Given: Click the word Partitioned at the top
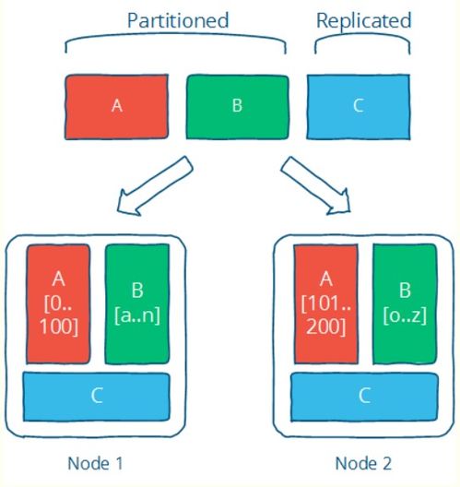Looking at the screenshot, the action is [x=178, y=20].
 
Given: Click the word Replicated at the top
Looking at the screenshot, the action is [x=364, y=21].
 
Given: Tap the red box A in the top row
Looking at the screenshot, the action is [x=116, y=107].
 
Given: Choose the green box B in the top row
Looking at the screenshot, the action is [x=238, y=107].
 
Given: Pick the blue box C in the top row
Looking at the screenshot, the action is [x=359, y=107].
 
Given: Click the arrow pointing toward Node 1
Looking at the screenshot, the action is [x=155, y=185].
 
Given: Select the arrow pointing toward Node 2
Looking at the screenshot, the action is [x=315, y=185].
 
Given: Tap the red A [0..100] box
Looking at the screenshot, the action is [x=58, y=304].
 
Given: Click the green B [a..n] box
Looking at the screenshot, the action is [x=137, y=304].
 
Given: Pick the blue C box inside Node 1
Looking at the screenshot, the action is [x=97, y=397].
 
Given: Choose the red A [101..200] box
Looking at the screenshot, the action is [x=326, y=304].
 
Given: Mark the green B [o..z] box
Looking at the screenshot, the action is [x=405, y=304].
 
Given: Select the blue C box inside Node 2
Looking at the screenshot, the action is [x=364, y=397].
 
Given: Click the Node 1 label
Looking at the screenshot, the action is [x=95, y=463].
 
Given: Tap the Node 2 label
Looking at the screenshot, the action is [x=363, y=463].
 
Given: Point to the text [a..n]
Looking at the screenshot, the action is [x=137, y=315].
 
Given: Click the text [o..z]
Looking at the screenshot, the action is [x=405, y=315].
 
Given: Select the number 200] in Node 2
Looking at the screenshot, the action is [x=326, y=327].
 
